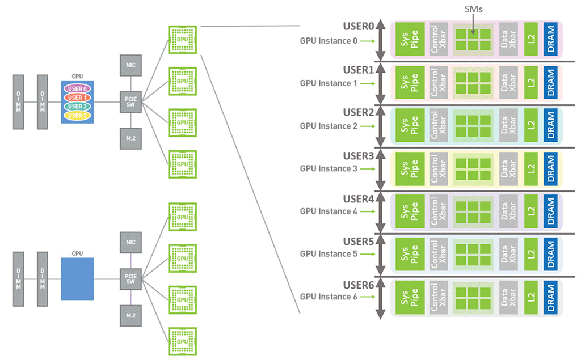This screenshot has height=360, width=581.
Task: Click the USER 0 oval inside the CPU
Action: (x=77, y=88)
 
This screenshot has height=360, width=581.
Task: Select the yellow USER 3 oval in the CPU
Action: (x=77, y=116)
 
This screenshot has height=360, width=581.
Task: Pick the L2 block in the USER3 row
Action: (x=531, y=168)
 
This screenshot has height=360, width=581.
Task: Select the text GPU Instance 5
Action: (x=329, y=254)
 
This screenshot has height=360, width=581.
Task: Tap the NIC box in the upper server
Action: (x=130, y=65)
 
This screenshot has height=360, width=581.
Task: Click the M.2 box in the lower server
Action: (x=130, y=315)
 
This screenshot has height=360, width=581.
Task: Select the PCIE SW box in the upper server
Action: (x=130, y=103)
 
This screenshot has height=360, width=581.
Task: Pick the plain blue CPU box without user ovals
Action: (x=77, y=279)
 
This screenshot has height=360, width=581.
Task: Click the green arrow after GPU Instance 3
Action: (x=367, y=169)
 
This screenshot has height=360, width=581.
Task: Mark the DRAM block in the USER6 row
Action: (x=550, y=297)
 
